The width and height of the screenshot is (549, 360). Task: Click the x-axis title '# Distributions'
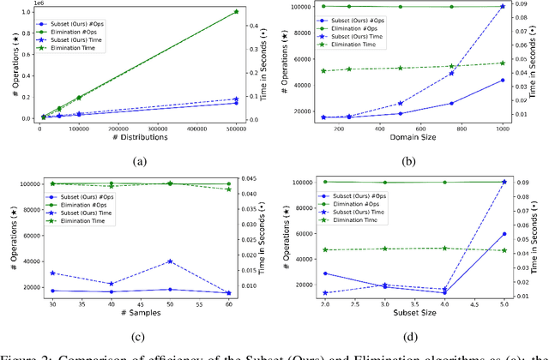pyautogui.click(x=138, y=137)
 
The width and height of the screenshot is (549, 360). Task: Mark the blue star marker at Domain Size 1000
pyautogui.click(x=502, y=6)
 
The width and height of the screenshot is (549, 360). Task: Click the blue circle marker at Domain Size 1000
pyautogui.click(x=502, y=81)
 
